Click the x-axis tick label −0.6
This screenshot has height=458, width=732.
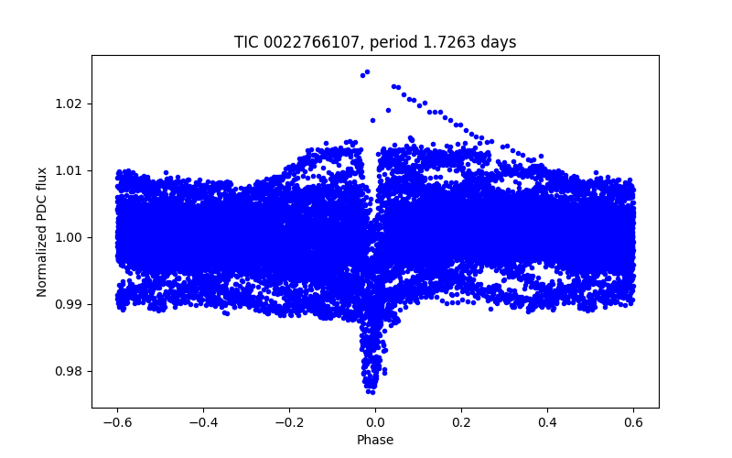116,422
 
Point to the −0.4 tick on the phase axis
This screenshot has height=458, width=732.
202,422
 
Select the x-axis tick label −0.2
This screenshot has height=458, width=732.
288,422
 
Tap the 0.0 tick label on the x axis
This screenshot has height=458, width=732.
375,422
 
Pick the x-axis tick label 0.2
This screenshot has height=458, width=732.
461,422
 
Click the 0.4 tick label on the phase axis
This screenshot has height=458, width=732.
547,422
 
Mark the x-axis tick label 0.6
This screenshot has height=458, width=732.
633,422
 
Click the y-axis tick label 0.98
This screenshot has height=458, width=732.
70,371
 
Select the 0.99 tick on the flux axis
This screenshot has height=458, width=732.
70,304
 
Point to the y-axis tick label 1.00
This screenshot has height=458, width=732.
70,237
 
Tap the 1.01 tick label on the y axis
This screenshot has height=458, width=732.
70,170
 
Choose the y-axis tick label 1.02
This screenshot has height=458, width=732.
70,104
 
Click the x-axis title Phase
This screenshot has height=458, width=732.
375,440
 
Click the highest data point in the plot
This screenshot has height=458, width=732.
367,71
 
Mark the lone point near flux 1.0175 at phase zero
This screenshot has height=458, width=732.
372,120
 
